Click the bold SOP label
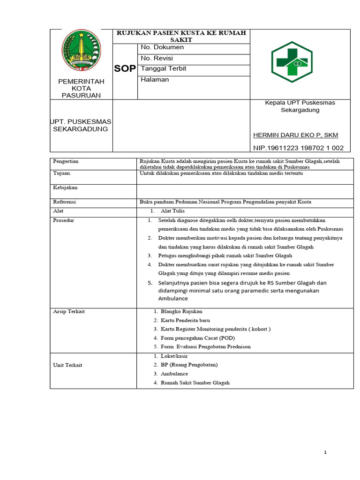click(125, 69)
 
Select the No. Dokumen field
click(162, 47)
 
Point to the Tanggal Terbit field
click(164, 68)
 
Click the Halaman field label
click(155, 80)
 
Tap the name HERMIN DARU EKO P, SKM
click(295, 135)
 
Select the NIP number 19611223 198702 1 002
click(298, 148)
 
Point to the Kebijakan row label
click(65, 187)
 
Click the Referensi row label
click(65, 202)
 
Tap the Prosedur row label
click(63, 220)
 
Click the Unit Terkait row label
click(67, 365)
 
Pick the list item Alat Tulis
click(172, 211)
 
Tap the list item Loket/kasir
click(174, 356)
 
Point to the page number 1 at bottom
click(325, 452)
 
